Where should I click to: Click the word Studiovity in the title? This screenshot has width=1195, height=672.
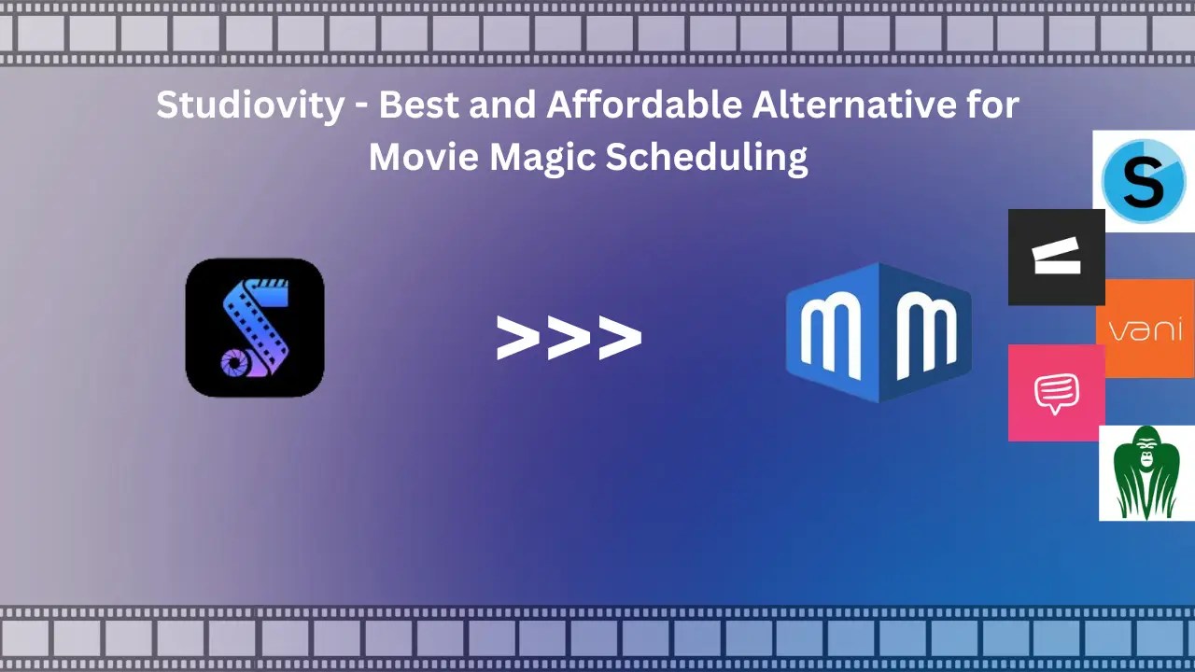[250, 105]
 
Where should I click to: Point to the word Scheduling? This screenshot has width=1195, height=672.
[707, 158]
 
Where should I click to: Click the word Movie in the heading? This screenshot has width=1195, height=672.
[423, 156]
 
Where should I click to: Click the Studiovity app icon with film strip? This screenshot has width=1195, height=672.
[255, 328]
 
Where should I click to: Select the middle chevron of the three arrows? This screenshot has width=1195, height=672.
[569, 338]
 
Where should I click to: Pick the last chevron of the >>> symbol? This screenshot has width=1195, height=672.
[620, 338]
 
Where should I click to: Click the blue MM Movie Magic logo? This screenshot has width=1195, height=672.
[878, 331]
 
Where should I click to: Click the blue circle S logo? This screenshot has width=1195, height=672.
[1144, 181]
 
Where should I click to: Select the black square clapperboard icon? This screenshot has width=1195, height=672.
[1056, 258]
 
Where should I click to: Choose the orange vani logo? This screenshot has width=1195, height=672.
[1146, 329]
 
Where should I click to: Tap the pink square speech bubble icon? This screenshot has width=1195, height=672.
[1056, 393]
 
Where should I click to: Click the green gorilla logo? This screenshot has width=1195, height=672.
[1146, 473]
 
